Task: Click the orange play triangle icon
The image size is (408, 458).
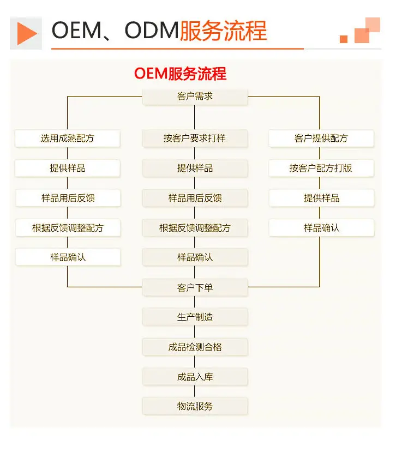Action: click(26, 33)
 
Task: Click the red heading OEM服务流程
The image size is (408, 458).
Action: click(181, 73)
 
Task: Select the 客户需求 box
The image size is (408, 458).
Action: click(195, 96)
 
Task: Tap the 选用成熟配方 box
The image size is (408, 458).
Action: click(68, 138)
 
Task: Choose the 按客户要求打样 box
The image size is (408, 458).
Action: click(195, 138)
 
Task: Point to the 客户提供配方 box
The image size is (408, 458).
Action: click(321, 138)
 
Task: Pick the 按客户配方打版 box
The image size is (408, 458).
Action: click(321, 168)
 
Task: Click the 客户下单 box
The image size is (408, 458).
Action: click(195, 287)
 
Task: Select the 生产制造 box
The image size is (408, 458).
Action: click(195, 317)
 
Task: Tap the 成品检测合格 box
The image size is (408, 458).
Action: click(195, 347)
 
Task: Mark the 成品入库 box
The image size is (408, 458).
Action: click(195, 377)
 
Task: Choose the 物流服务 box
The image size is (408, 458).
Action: click(195, 406)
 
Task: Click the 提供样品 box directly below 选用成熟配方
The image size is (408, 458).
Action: click(68, 168)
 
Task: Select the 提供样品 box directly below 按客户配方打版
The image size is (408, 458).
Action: click(321, 198)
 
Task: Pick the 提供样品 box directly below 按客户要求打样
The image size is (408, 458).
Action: click(195, 168)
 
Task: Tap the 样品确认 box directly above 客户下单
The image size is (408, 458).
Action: click(195, 257)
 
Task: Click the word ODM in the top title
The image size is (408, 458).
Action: click(152, 31)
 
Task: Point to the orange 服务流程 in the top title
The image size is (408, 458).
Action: click(223, 31)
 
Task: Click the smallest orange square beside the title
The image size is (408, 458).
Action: click(344, 39)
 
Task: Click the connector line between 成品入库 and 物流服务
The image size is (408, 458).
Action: click(195, 391)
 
